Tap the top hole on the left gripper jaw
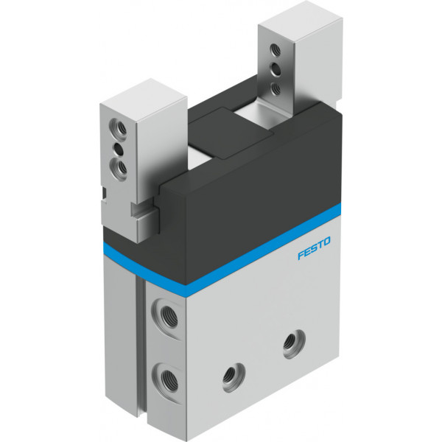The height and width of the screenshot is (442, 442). click(x=118, y=127)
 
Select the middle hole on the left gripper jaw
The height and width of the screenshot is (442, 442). click(x=118, y=149)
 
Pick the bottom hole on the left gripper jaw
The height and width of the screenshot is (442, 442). click(x=118, y=168)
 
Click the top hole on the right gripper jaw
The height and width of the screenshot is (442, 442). click(x=275, y=51)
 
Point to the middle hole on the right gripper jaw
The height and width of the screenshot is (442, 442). click(x=275, y=70)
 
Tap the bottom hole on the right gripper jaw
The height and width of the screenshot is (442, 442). click(x=275, y=88)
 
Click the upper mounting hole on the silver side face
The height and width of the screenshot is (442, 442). click(x=294, y=344)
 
